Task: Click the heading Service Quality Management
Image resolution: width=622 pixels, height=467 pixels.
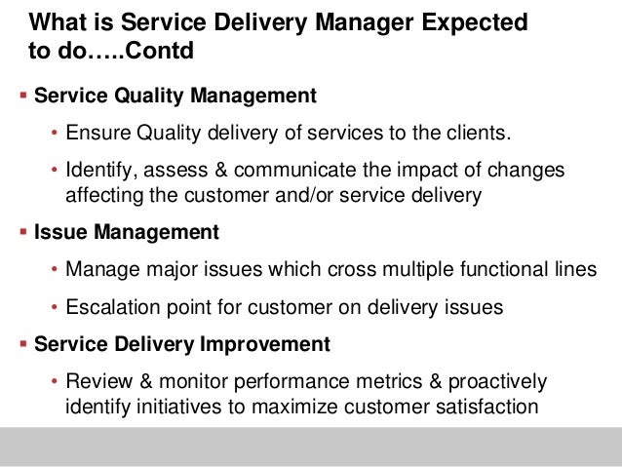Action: [x=175, y=97]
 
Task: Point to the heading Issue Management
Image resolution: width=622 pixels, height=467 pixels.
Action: [x=127, y=234]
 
